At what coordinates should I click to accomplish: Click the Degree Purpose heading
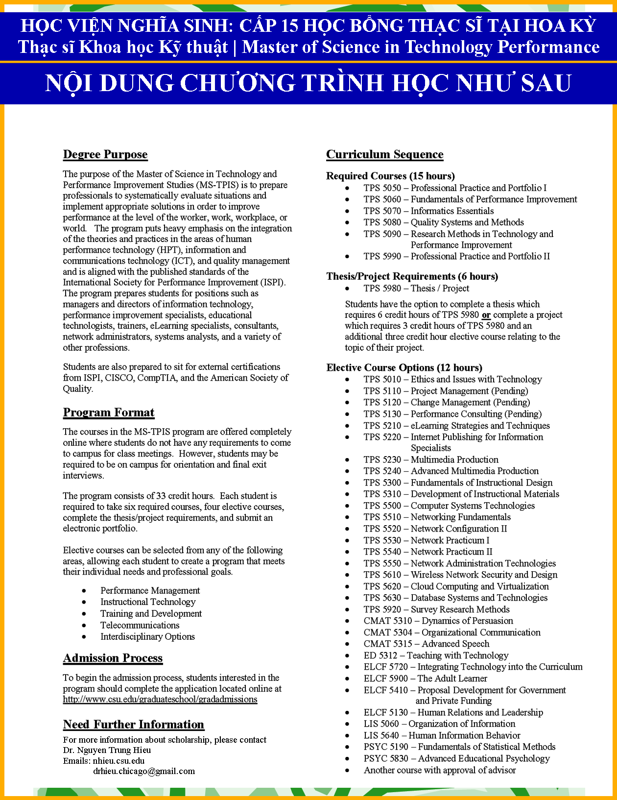(105, 154)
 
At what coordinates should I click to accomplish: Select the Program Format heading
(109, 412)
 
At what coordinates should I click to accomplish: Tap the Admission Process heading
(113, 658)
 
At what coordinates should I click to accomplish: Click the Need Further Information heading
(134, 725)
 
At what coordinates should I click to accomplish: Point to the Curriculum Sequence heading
(385, 154)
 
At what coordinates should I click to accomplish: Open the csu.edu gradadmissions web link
(160, 699)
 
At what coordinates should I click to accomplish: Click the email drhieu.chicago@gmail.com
(144, 771)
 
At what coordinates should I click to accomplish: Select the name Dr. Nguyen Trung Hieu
(107, 750)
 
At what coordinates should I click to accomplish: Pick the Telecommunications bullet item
(140, 625)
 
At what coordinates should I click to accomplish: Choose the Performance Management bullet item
(150, 590)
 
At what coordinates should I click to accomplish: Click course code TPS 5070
(382, 211)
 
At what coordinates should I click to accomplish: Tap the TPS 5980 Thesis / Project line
(416, 289)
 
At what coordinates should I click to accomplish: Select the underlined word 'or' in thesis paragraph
(486, 315)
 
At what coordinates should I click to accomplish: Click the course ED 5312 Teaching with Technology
(436, 655)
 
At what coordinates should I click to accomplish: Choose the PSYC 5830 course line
(456, 758)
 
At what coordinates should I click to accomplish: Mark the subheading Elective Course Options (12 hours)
(404, 367)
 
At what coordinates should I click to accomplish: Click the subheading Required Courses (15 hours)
(391, 176)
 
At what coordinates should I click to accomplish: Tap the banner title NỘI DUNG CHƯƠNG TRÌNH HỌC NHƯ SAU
(308, 83)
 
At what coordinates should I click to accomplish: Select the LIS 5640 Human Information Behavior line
(442, 735)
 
